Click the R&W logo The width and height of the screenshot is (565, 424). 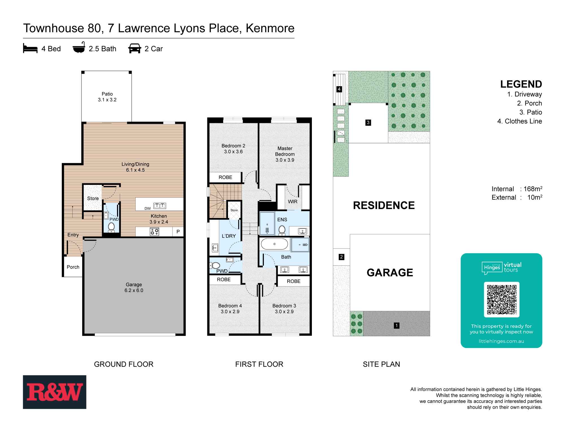pyautogui.click(x=55, y=392)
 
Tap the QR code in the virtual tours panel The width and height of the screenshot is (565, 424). pyautogui.click(x=501, y=300)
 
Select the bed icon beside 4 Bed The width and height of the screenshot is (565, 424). pyautogui.click(x=30, y=49)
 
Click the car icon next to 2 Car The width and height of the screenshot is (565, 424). pyautogui.click(x=134, y=49)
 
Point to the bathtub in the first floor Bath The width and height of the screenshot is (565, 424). pyautogui.click(x=274, y=244)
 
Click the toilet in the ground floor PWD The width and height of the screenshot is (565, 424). pyautogui.click(x=111, y=227)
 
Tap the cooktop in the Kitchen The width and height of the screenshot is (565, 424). pyautogui.click(x=155, y=232)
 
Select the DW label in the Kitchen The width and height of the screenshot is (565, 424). pyautogui.click(x=147, y=209)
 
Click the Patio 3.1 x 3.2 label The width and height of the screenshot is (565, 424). pyautogui.click(x=107, y=97)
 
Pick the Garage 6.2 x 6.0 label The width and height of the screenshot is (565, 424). pyautogui.click(x=134, y=287)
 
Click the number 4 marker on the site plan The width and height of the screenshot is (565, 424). pyautogui.click(x=339, y=89)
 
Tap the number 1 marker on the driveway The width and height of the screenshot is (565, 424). pyautogui.click(x=396, y=326)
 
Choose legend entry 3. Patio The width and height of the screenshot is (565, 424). pyautogui.click(x=531, y=112)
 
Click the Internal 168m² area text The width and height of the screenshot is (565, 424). pyautogui.click(x=516, y=189)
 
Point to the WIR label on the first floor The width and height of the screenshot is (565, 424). pyautogui.click(x=293, y=202)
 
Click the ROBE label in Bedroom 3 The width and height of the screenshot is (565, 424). pyautogui.click(x=294, y=281)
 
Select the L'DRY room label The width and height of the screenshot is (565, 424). pyautogui.click(x=229, y=236)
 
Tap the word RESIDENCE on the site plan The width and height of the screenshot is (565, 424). pyautogui.click(x=384, y=205)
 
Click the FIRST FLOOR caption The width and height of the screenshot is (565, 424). pyautogui.click(x=259, y=364)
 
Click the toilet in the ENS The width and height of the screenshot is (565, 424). pyautogui.click(x=282, y=230)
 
